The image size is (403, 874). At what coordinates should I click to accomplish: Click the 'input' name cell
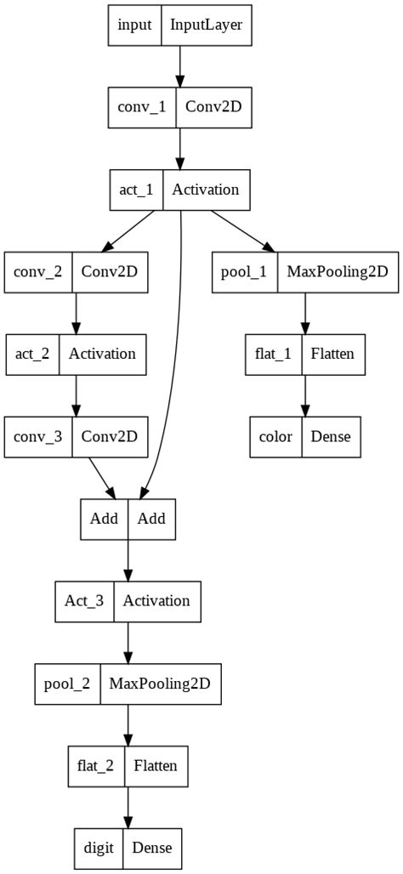tap(134, 25)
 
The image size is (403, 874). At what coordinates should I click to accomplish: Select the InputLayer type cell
tap(207, 25)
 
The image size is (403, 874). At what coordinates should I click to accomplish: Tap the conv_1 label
tap(141, 107)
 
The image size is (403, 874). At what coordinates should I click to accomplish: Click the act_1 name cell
tap(136, 190)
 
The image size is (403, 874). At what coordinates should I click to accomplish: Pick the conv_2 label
tap(38, 272)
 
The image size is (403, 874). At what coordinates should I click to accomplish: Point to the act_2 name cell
tap(32, 354)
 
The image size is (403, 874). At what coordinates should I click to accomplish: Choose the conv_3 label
tap(38, 436)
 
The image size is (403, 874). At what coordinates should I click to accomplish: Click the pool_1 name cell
tap(244, 272)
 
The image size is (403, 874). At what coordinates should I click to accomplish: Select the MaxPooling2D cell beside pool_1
tap(337, 272)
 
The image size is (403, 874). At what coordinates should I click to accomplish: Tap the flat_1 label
tap(273, 354)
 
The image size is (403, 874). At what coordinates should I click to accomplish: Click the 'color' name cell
tap(275, 436)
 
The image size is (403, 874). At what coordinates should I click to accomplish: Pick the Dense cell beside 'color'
tap(331, 436)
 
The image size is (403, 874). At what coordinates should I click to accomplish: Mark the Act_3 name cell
tap(84, 601)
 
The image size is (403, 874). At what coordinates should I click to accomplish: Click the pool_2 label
tap(67, 683)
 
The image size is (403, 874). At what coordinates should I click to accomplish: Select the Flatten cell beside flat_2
tap(156, 765)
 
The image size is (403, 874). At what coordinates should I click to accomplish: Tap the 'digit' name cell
tap(99, 848)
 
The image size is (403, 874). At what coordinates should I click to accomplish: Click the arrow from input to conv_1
tap(179, 66)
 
